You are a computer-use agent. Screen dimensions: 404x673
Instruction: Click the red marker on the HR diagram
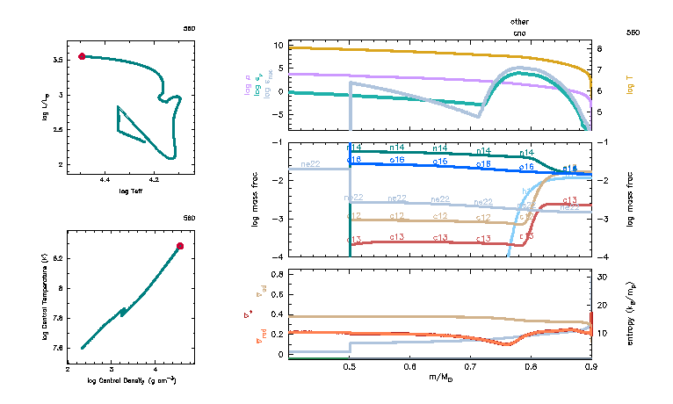(x=82, y=56)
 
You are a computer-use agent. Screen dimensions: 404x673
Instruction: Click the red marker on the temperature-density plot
(x=180, y=246)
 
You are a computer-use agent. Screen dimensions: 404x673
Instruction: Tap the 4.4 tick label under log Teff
(x=105, y=181)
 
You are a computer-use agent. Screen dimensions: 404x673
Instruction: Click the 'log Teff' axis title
(x=130, y=191)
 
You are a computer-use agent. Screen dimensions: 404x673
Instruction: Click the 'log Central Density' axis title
(x=132, y=380)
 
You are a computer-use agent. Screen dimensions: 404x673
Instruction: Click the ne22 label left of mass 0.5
(x=310, y=164)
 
